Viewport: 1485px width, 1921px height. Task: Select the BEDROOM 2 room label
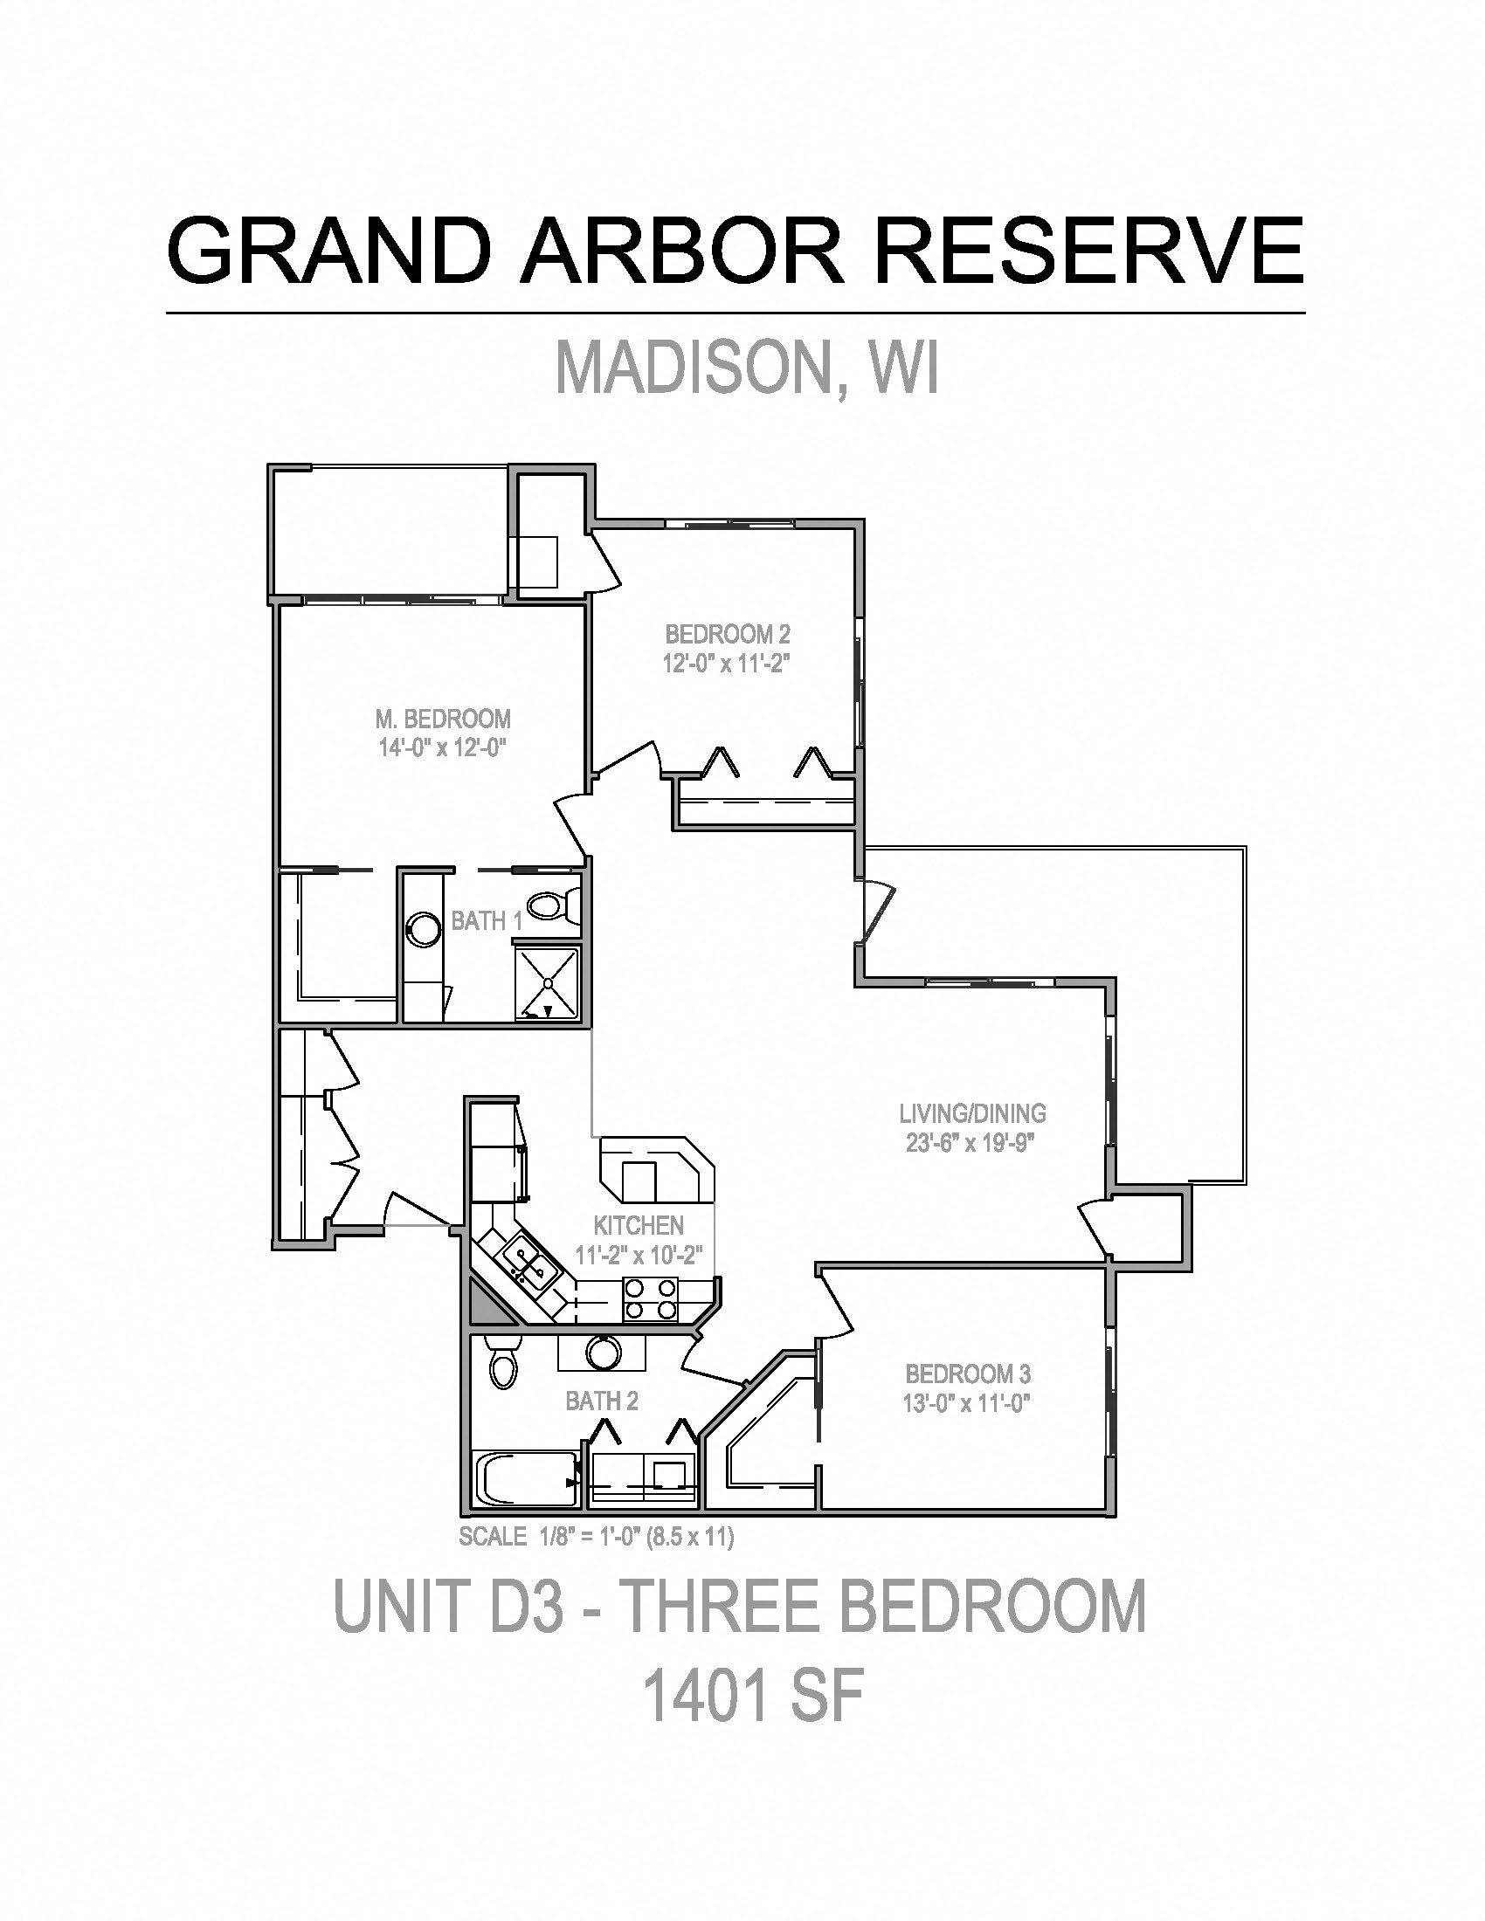(x=728, y=634)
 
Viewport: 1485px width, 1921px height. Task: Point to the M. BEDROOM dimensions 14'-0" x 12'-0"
(x=443, y=748)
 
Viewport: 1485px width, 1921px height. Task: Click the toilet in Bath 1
(x=555, y=906)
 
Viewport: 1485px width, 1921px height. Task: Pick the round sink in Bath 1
(x=424, y=930)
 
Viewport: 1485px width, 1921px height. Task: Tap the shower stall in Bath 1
(x=548, y=982)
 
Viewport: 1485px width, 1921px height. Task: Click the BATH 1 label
(x=487, y=921)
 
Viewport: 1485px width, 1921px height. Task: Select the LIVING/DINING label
(x=972, y=1113)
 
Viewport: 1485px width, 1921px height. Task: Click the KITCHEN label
(x=639, y=1225)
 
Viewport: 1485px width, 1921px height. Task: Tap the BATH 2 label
(x=602, y=1401)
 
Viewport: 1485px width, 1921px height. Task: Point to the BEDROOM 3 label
(x=968, y=1373)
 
